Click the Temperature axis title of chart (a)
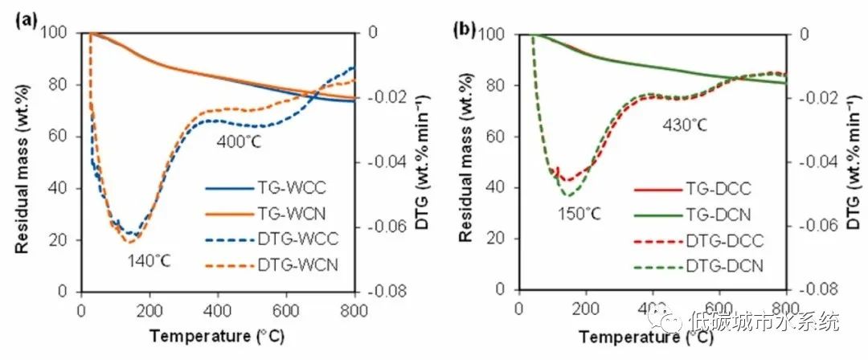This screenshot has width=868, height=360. (x=217, y=335)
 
